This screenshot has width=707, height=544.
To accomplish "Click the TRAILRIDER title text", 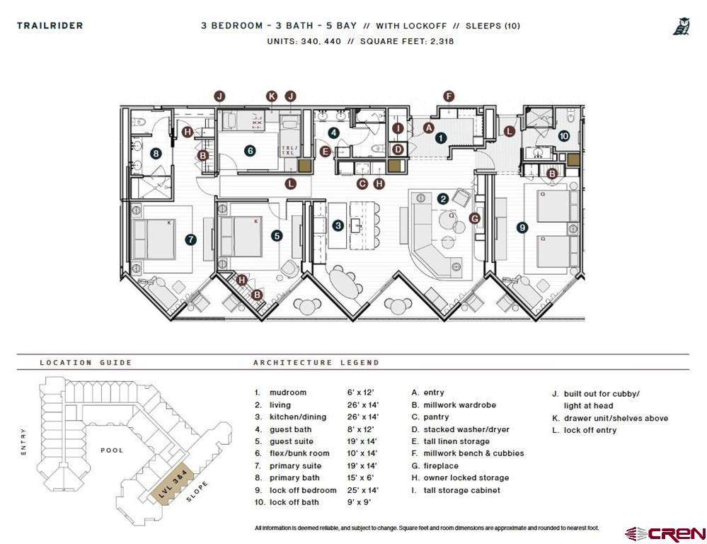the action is tap(50, 25).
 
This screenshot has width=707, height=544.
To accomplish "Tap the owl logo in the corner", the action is tap(682, 26).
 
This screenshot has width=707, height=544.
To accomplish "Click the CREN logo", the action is tap(665, 534).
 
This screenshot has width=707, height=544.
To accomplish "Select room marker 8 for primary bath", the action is tap(156, 154).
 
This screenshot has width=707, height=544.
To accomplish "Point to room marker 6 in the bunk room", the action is tap(251, 151).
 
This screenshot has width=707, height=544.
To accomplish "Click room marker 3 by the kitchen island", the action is tap(338, 226).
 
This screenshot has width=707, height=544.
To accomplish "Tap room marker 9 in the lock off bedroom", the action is tap(522, 227).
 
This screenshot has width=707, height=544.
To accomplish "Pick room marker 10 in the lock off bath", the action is tap(563, 136).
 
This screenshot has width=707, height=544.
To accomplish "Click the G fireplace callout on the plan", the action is tap(475, 218).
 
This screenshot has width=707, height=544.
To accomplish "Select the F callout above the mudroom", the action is tap(449, 96).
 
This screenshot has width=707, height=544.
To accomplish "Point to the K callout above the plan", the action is tap(272, 96).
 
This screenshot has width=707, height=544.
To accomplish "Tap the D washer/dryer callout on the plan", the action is tap(398, 149).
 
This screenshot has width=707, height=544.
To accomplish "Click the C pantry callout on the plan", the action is tap(362, 183).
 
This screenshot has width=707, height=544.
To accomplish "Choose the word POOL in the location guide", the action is tap(112, 450).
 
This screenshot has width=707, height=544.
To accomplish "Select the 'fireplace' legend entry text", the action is tap(441, 465).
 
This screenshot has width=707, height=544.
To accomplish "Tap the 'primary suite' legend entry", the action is tap(295, 465).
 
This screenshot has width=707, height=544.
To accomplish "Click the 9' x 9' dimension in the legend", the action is tap(359, 502).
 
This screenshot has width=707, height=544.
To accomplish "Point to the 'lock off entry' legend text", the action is tap(590, 430).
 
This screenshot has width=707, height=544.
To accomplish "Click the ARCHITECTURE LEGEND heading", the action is tap(316, 363).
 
